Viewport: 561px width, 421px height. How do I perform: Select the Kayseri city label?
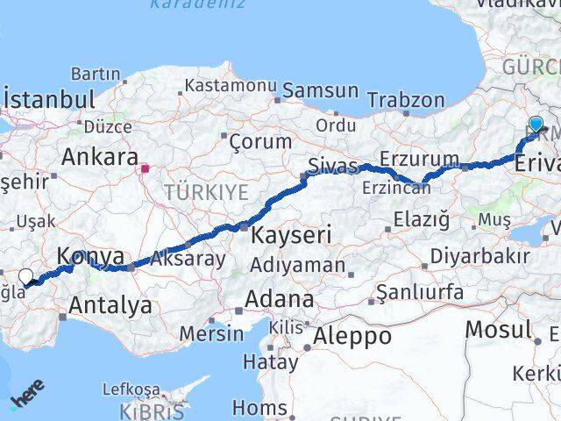(x=291, y=235)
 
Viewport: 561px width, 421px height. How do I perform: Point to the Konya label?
(x=90, y=256)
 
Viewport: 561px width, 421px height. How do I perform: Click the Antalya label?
(x=110, y=306)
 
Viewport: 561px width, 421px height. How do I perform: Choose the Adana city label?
(x=279, y=299)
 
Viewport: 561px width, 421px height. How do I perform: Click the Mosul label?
(x=498, y=330)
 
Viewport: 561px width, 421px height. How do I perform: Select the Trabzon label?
(x=406, y=99)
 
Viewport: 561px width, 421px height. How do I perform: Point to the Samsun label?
(x=320, y=90)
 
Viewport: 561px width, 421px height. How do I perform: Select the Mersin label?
(x=211, y=333)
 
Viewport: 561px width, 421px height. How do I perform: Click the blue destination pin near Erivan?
(x=536, y=125)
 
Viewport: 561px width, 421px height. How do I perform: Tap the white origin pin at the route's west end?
(x=26, y=276)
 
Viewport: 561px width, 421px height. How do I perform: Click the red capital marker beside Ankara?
(x=146, y=164)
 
